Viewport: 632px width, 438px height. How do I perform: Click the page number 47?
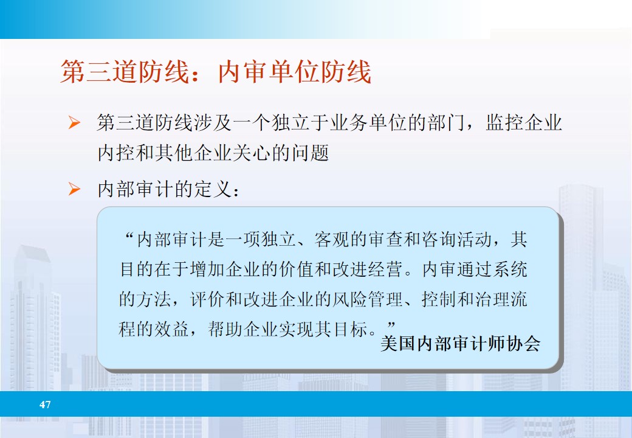45,405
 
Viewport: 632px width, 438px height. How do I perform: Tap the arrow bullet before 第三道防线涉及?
74,124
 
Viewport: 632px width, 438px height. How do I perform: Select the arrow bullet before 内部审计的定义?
74,190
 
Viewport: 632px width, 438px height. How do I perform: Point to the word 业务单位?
380,123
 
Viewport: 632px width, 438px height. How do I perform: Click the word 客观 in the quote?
329,240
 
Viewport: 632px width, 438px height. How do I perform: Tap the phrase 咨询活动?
464,240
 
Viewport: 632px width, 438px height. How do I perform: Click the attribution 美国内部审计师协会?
460,344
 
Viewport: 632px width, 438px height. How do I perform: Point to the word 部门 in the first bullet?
445,123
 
